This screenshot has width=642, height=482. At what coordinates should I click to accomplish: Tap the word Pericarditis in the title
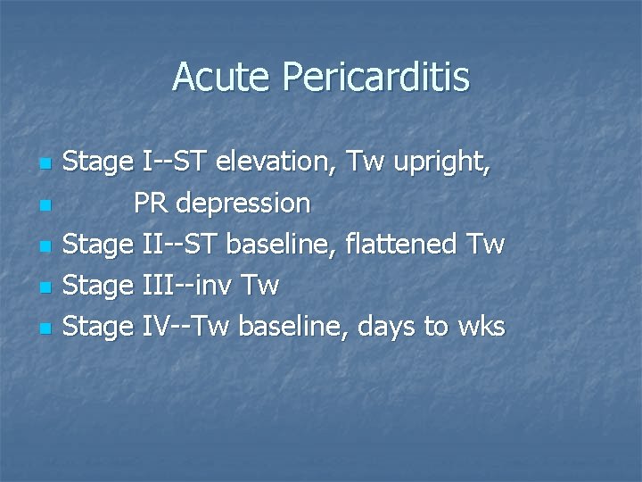click(375, 79)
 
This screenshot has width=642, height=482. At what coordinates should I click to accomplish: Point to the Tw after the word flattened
click(490, 245)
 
